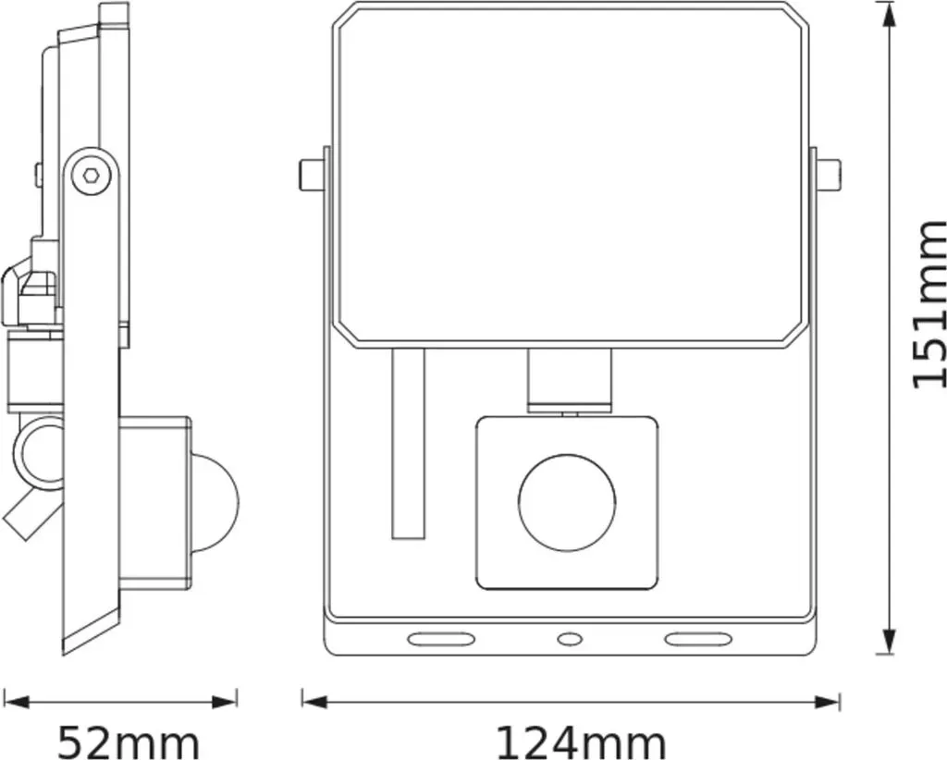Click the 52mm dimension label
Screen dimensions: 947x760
[x=128, y=742]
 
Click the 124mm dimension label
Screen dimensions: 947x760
[x=581, y=742]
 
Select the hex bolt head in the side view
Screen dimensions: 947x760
[x=92, y=176]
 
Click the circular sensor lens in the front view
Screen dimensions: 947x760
[x=567, y=502]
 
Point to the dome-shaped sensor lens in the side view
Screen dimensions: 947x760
[x=216, y=502]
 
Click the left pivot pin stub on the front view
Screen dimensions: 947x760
[x=313, y=176]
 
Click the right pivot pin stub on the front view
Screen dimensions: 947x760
[x=827, y=176]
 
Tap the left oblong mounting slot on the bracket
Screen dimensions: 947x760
[x=440, y=639]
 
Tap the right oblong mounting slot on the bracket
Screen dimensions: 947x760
[x=698, y=639]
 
